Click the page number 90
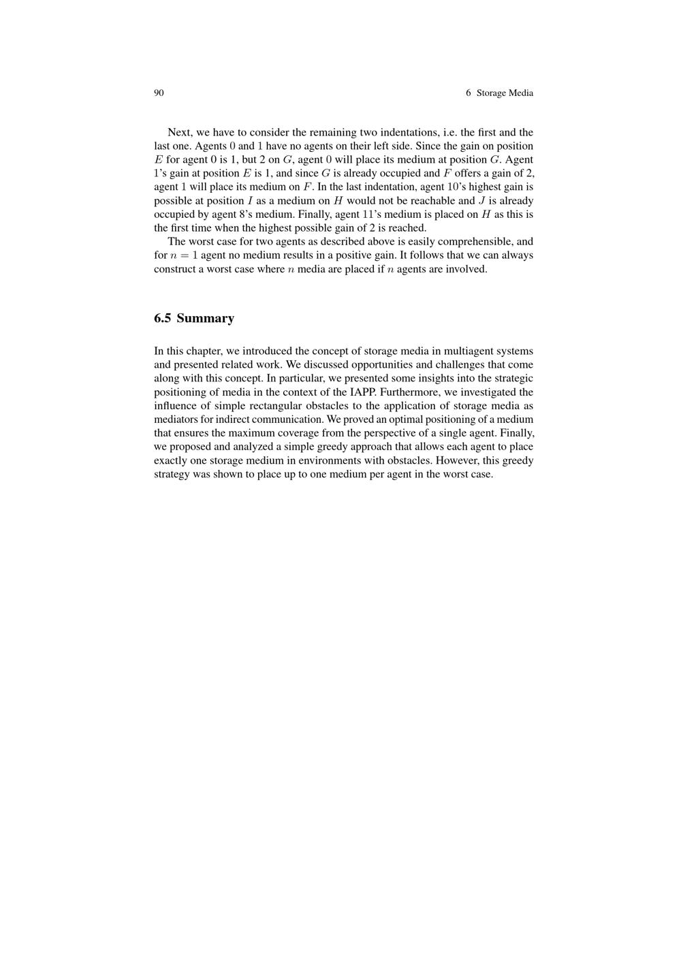(x=159, y=93)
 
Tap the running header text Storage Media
(x=505, y=93)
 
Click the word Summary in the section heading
(x=205, y=318)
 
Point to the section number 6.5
(x=163, y=318)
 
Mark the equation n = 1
(x=184, y=255)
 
